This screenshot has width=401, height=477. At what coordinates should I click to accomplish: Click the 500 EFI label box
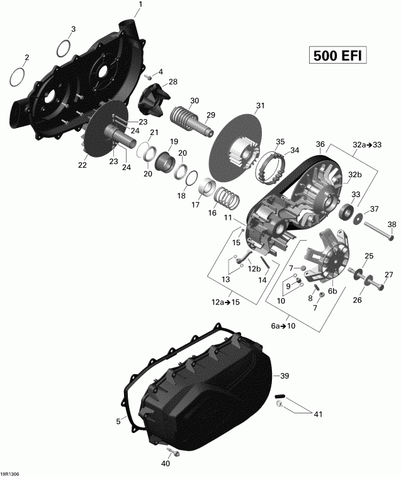(x=337, y=55)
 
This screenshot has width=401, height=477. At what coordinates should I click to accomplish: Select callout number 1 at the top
(x=140, y=5)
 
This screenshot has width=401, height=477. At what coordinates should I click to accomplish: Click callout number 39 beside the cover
(x=285, y=376)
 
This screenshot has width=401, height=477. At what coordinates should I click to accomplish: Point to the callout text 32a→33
(x=368, y=144)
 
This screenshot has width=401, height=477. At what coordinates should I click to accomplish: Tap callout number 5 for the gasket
(x=118, y=422)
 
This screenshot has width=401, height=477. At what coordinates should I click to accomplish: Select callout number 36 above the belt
(x=321, y=144)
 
